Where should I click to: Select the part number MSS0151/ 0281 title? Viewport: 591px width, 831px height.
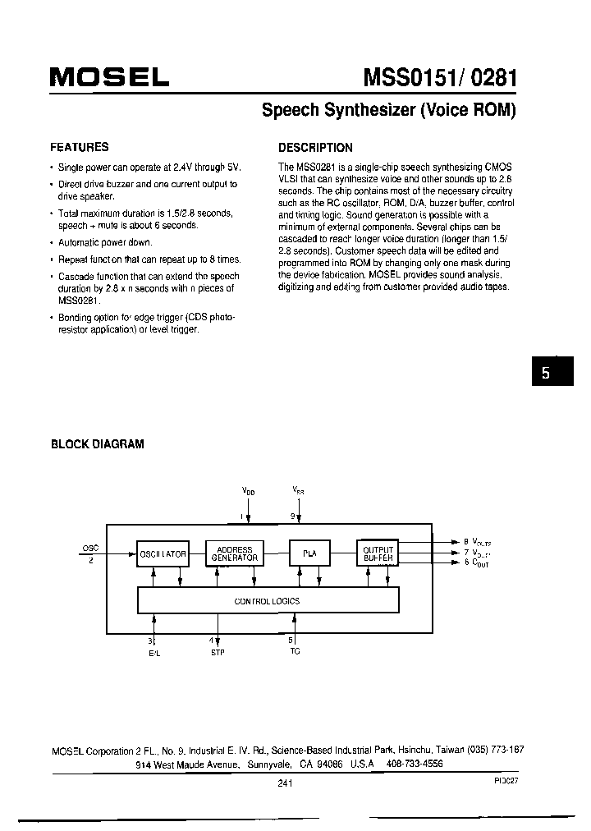tap(440, 77)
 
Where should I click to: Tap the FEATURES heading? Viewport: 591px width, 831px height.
tap(80, 147)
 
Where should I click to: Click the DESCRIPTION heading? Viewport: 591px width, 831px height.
tap(315, 148)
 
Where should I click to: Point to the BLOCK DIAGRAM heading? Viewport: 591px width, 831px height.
tap(98, 443)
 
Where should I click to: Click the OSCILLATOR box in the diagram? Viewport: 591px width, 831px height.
tap(163, 554)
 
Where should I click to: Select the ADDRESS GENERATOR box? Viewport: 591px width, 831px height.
tap(235, 554)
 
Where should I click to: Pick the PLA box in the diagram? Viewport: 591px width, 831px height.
tap(309, 554)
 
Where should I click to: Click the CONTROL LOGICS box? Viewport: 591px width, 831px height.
tap(268, 601)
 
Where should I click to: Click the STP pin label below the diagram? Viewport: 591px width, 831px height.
tap(218, 652)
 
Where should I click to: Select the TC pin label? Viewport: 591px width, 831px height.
tap(295, 651)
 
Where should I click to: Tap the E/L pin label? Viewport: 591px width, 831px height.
tap(153, 652)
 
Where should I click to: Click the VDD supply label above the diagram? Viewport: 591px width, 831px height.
tap(248, 489)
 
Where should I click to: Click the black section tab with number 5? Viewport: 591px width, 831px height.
tap(544, 371)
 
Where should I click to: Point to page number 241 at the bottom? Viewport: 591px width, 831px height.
tap(286, 783)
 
